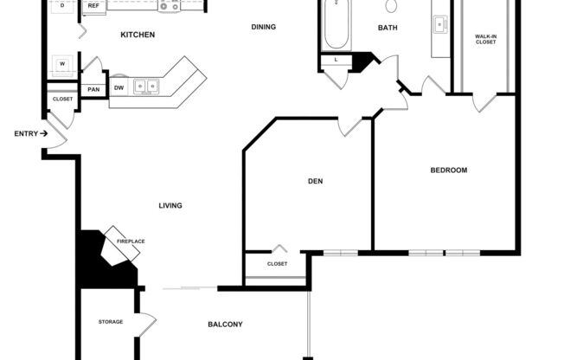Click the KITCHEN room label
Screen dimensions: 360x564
click(x=137, y=35)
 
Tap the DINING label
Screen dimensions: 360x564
click(x=263, y=27)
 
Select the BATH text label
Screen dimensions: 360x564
click(x=388, y=28)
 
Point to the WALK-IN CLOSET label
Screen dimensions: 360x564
click(x=485, y=39)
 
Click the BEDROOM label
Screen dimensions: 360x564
click(x=448, y=170)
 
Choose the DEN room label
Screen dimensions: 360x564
click(x=315, y=182)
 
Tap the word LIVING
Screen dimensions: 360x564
click(x=170, y=205)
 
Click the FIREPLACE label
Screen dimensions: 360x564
click(x=131, y=241)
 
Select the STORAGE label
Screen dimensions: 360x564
click(x=110, y=322)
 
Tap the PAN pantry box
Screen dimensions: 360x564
click(x=93, y=89)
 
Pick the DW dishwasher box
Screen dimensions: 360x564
click(x=119, y=88)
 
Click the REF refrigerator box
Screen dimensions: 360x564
click(x=93, y=6)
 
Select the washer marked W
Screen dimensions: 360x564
click(x=62, y=64)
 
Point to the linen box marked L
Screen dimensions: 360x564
click(x=334, y=60)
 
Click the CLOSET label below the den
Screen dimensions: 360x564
click(x=277, y=264)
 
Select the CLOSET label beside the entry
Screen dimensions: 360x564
click(x=62, y=100)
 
